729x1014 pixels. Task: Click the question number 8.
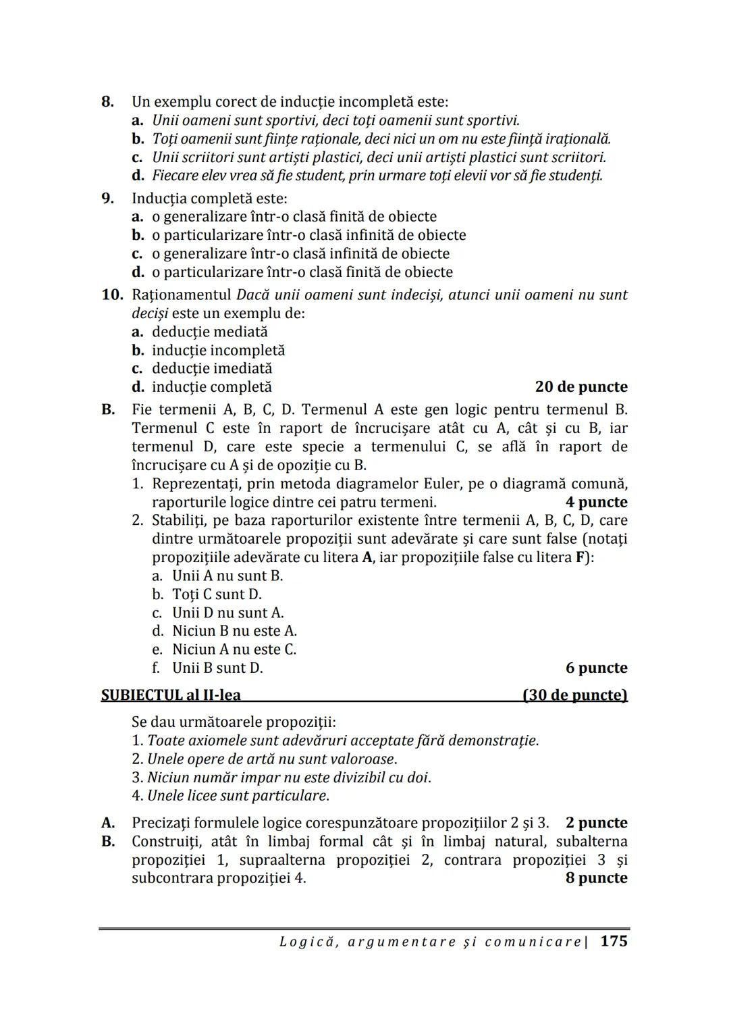click(x=107, y=102)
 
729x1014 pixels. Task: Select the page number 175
click(x=614, y=941)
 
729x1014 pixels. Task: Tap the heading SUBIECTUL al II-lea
click(x=171, y=695)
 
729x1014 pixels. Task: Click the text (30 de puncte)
click(x=575, y=695)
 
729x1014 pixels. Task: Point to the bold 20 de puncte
click(x=581, y=387)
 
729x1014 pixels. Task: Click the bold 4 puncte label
click(x=596, y=503)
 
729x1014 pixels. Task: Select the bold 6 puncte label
click(x=596, y=668)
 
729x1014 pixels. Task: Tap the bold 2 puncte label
click(x=596, y=823)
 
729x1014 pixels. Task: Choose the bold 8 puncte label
click(x=596, y=878)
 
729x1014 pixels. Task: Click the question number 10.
click(x=112, y=295)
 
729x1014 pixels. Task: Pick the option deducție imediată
click(x=212, y=369)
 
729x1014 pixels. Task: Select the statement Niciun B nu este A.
click(x=234, y=631)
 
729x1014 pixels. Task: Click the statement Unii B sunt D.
click(x=217, y=668)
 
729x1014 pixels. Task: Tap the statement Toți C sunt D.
click(x=217, y=594)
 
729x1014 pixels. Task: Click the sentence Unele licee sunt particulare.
click(x=238, y=796)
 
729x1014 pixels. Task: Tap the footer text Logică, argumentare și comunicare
click(x=430, y=942)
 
